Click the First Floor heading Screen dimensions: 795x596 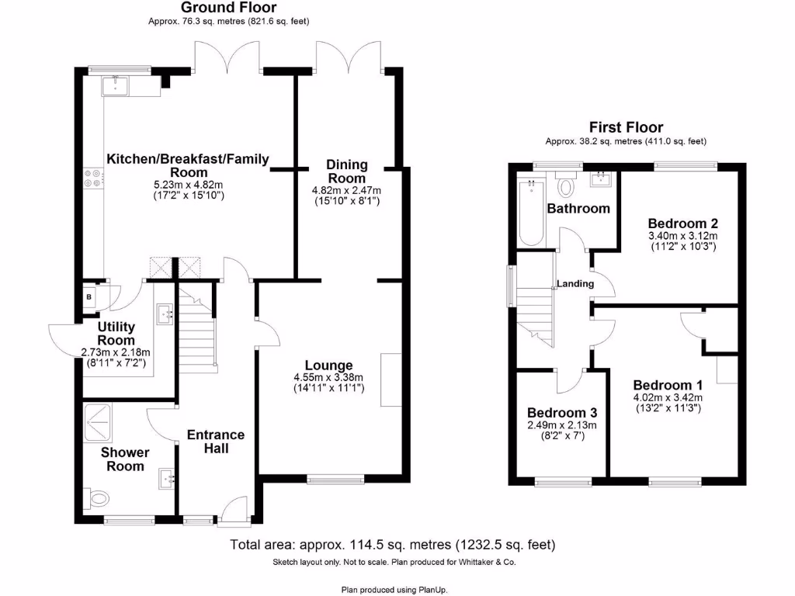click(x=626, y=127)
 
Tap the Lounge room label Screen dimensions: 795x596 click(x=328, y=366)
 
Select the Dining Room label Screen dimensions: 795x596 click(x=345, y=172)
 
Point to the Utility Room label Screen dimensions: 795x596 click(x=116, y=334)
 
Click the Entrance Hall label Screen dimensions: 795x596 click(x=216, y=442)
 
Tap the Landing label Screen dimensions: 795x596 click(x=575, y=284)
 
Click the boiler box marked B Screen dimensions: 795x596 click(x=89, y=296)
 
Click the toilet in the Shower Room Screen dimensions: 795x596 click(x=96, y=497)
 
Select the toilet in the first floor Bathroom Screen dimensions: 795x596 click(x=566, y=186)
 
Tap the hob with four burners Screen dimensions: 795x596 click(x=94, y=179)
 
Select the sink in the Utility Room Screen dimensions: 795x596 click(x=165, y=314)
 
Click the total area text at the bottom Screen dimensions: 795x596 click(x=393, y=545)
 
